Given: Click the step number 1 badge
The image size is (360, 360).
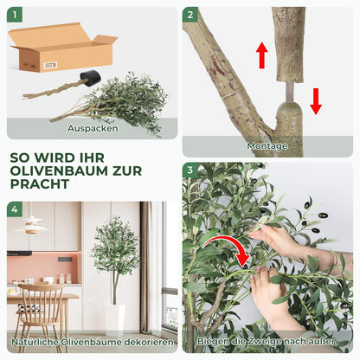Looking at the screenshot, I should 16,16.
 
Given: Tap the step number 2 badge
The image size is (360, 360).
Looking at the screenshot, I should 190,16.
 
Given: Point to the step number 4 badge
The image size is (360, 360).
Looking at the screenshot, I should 16,209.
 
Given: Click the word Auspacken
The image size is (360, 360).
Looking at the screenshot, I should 93,128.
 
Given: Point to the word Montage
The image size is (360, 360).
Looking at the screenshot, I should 267,146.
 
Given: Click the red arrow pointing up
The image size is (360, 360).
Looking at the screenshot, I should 261,55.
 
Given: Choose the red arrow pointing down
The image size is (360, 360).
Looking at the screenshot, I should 316,100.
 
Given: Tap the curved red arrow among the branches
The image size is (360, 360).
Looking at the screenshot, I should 231,246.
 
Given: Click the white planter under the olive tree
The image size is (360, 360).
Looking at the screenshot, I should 114,318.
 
